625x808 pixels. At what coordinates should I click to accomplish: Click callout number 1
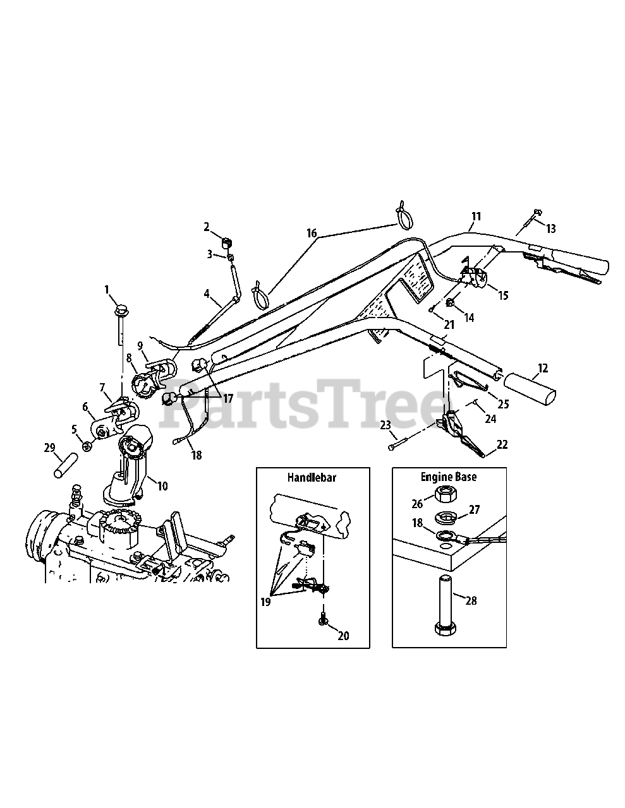tap(107, 290)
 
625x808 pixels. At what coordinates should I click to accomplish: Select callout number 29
tap(49, 448)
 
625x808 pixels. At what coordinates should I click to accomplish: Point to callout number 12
tap(543, 368)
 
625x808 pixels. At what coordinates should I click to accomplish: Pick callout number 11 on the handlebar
tap(475, 217)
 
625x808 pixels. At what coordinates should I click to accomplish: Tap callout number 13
tap(551, 229)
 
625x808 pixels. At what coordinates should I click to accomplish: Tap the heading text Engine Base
tap(449, 477)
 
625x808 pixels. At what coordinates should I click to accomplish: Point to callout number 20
tap(343, 636)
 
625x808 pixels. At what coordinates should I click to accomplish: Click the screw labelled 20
tap(323, 621)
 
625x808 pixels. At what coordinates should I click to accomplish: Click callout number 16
tap(312, 234)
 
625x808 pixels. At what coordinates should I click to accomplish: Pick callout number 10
tap(163, 485)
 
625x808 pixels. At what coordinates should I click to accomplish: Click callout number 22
tap(502, 444)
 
